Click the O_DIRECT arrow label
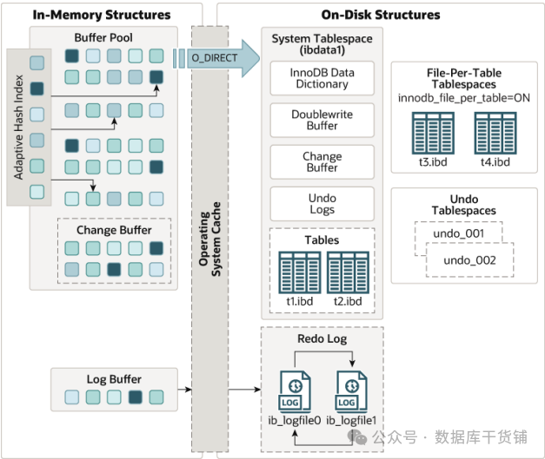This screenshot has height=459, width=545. coord(209,57)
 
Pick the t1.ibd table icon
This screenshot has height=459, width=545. coord(299,272)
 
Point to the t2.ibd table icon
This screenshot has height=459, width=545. coord(347,272)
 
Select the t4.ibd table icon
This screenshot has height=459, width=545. coord(495,134)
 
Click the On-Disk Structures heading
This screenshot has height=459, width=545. coord(382,15)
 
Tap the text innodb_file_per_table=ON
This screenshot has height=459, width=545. coord(465,97)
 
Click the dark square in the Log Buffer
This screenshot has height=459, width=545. coord(135,398)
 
